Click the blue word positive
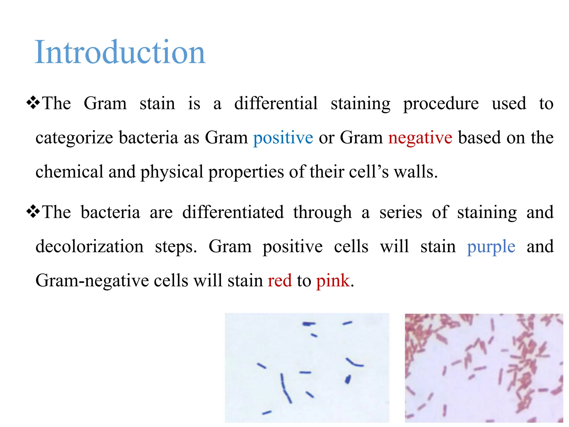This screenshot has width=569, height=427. pyautogui.click(x=283, y=138)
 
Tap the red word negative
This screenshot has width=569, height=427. pyautogui.click(x=420, y=138)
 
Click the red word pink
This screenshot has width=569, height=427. pyautogui.click(x=333, y=280)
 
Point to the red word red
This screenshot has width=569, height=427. pyautogui.click(x=279, y=280)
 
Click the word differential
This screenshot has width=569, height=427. pyautogui.click(x=276, y=103)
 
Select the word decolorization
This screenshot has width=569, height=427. pyautogui.click(x=89, y=246)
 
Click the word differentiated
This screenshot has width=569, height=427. pyautogui.click(x=233, y=212)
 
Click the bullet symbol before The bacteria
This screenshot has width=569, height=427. pyautogui.click(x=33, y=211)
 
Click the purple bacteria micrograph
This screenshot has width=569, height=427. pyautogui.click(x=307, y=368)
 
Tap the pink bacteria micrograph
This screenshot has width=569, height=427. pyautogui.click(x=484, y=368)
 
